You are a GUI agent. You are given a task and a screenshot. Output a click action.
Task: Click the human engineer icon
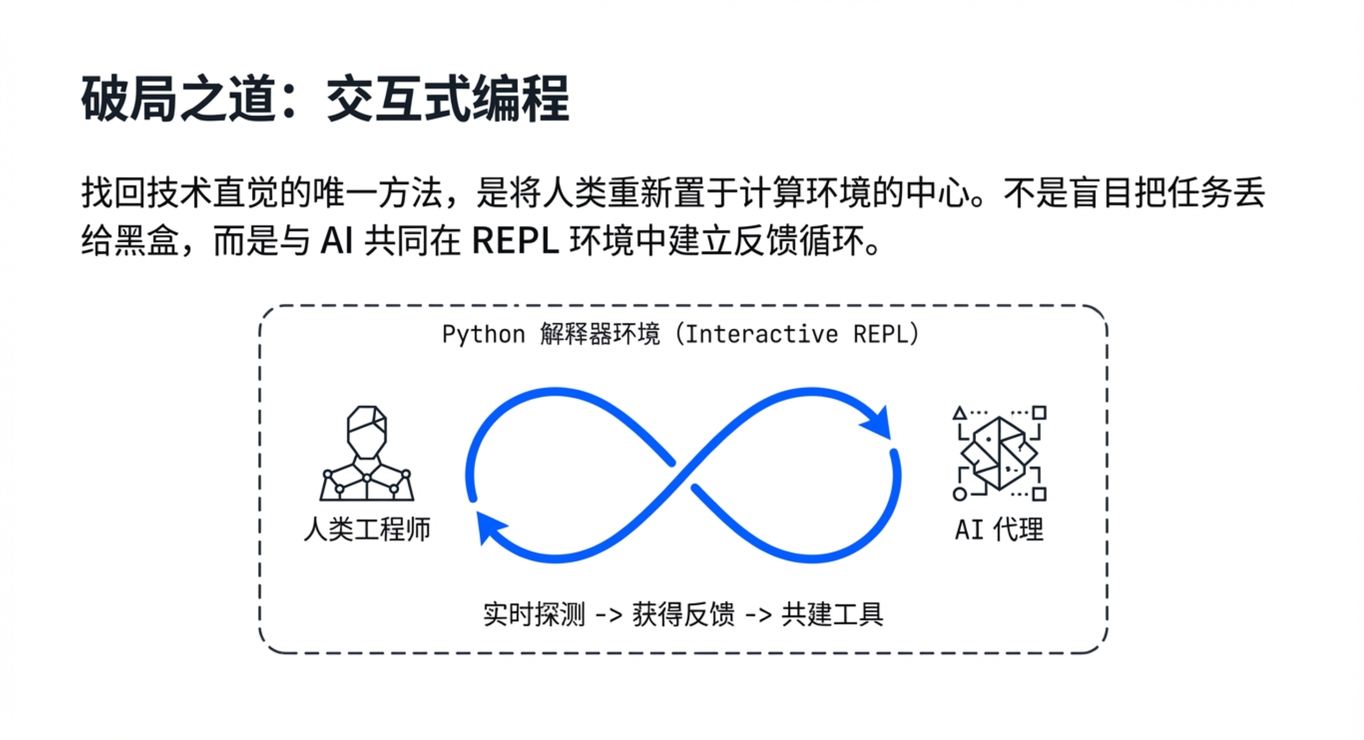(x=366, y=454)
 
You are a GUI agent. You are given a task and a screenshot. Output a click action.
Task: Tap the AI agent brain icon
(x=999, y=454)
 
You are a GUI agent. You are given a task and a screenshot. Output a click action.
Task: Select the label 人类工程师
(x=367, y=529)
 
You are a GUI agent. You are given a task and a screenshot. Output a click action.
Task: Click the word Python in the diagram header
(x=483, y=334)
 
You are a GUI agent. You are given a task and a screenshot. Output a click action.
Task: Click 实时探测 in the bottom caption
(x=534, y=614)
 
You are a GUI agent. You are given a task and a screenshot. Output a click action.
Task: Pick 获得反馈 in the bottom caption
(x=683, y=614)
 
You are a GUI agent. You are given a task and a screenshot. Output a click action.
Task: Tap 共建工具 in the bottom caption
(x=833, y=614)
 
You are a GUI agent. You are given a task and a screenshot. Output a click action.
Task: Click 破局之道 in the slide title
(x=178, y=99)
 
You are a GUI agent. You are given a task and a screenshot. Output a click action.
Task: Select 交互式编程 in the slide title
(x=447, y=99)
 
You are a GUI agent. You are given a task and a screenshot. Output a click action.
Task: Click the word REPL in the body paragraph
(x=515, y=242)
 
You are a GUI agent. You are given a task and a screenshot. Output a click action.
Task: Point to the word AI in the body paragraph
(x=337, y=242)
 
